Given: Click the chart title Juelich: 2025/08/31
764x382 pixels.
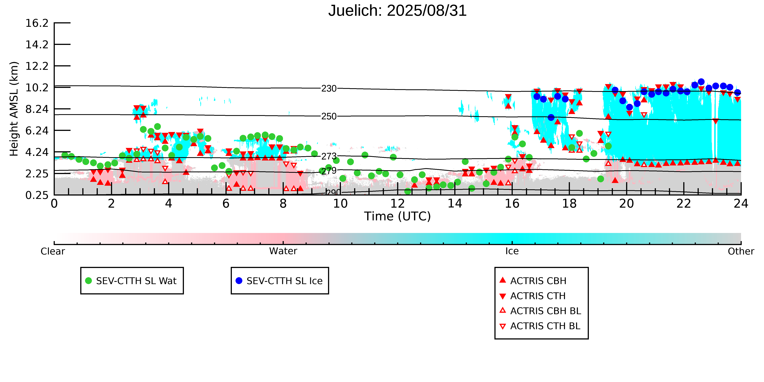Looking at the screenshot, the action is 397,11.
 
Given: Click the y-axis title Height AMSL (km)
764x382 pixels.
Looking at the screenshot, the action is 14,109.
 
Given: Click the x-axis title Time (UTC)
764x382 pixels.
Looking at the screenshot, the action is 397,216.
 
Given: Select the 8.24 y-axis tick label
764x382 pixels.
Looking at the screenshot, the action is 37,109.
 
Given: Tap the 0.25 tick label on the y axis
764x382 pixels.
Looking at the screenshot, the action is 37,195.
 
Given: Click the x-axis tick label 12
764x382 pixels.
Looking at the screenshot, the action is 397,204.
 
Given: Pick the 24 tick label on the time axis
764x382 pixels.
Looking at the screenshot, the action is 741,204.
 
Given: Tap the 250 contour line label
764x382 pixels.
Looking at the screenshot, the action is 329,116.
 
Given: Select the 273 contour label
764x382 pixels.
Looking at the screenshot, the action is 329,156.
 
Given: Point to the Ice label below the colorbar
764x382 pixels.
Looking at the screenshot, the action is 512,251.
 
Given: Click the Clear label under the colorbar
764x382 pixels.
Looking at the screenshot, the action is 53,251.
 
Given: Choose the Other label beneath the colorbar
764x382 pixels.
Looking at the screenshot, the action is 741,251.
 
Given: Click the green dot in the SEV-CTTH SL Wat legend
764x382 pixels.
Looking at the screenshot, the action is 88,281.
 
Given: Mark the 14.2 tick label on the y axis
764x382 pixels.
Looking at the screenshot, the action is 37,44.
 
